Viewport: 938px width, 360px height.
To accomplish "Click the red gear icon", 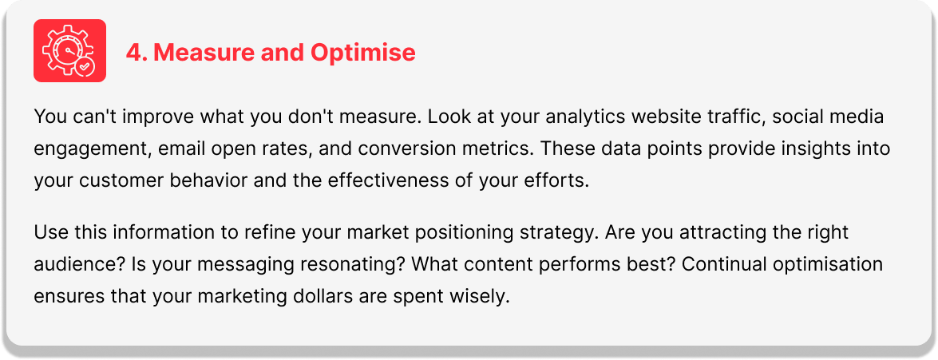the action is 69,51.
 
